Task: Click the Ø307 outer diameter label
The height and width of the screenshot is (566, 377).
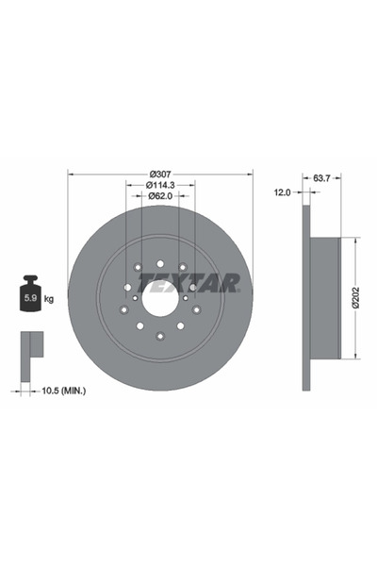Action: tap(159, 174)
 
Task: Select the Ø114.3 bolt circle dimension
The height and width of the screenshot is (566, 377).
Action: tap(159, 185)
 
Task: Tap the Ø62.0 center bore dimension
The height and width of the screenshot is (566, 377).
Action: tap(159, 196)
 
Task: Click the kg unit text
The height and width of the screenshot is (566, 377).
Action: tap(48, 299)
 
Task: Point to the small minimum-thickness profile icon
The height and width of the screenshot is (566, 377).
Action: tap(30, 349)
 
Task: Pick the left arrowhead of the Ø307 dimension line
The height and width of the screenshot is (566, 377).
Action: tap(71, 179)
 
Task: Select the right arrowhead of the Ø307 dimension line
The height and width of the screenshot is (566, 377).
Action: tap(251, 179)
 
